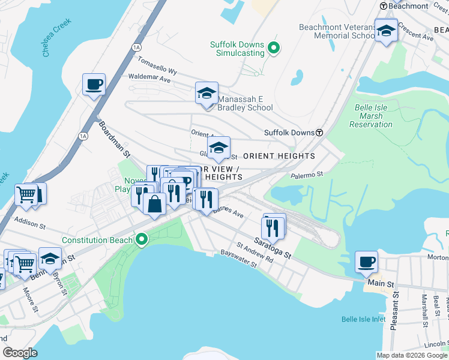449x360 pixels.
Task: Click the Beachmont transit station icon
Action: tap(383, 5)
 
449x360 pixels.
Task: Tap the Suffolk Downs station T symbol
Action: tap(320, 133)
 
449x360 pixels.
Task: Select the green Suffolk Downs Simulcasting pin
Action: tap(274, 49)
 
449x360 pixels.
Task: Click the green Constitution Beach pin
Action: tap(142, 240)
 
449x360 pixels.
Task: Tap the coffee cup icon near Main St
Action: tap(366, 262)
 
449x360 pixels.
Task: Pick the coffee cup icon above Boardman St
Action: tap(94, 85)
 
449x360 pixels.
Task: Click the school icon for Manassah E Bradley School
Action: tap(206, 94)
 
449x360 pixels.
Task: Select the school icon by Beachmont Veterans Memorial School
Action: tap(385, 31)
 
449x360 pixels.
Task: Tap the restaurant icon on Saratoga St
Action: tap(273, 227)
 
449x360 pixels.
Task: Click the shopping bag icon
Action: tap(155, 203)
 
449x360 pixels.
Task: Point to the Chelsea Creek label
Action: tap(57, 38)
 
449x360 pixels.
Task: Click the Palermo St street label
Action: tap(307, 175)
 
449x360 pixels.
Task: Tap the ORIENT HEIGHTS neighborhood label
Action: tap(279, 156)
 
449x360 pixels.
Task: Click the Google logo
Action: tap(20, 352)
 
